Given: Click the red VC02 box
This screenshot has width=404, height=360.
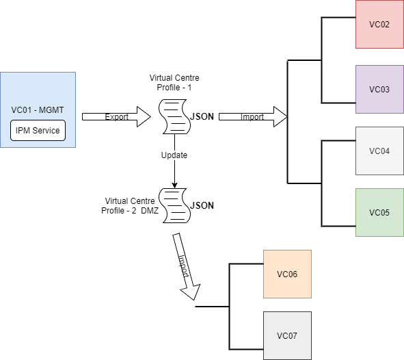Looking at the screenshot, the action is [379, 24].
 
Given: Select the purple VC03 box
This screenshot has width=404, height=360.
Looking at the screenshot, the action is [379, 89].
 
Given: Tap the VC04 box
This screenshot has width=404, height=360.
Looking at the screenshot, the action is [379, 151].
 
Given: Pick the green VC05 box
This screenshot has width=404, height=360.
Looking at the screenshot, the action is [379, 212].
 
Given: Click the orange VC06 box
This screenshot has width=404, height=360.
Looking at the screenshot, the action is [287, 274].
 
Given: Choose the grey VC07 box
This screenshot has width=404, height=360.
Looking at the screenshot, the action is [287, 336].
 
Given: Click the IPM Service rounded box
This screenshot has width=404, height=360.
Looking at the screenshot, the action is [38, 131].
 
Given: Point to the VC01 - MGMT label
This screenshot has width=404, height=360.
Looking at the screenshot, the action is [38, 110].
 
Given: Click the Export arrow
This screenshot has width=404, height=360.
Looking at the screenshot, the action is [116, 117].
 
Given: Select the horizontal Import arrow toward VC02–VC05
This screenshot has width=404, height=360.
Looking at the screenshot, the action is [253, 117].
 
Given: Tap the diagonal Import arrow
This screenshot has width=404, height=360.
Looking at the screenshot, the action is [187, 267].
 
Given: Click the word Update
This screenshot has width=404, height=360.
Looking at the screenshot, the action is [174, 155].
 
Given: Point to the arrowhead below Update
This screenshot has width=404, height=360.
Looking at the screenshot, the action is [175, 185].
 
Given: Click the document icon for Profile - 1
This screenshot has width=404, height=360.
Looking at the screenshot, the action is [175, 117].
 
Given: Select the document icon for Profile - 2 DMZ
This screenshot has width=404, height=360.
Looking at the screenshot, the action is [175, 206].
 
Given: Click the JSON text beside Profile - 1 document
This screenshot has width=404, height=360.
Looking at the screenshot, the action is [202, 117].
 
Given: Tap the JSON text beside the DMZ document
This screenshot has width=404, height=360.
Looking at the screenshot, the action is [202, 206].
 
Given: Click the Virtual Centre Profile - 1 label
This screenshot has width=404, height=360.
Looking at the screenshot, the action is [174, 83].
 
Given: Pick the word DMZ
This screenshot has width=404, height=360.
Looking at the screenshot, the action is [150, 211].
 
